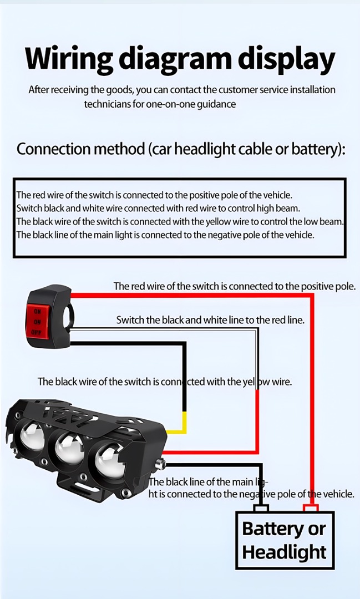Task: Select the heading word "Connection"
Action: pyautogui.click(x=53, y=149)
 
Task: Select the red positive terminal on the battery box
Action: pyautogui.click(x=311, y=508)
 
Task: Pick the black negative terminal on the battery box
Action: pyautogui.click(x=261, y=508)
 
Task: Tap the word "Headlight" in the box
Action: pyautogui.click(x=285, y=552)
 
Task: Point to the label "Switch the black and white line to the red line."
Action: pyautogui.click(x=210, y=320)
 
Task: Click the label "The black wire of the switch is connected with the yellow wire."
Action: pyautogui.click(x=165, y=382)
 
